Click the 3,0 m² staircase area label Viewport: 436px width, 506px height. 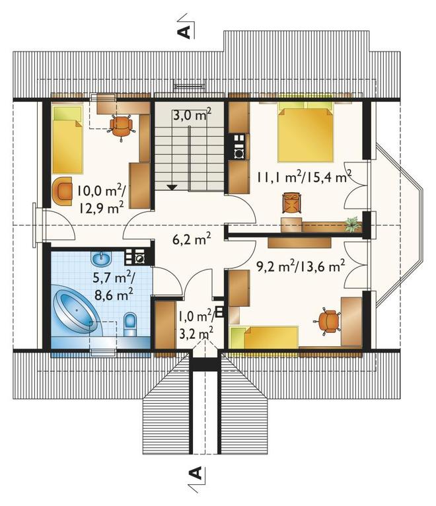click(x=192, y=114)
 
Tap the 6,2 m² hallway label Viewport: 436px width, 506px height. click(x=192, y=239)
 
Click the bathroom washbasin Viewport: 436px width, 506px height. click(x=102, y=258)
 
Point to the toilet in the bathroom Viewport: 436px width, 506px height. click(x=131, y=324)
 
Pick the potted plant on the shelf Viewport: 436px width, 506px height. click(x=352, y=224)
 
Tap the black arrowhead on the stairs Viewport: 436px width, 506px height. click(x=172, y=187)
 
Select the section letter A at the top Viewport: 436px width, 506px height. click(x=184, y=32)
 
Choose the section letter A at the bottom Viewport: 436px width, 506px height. click(x=195, y=473)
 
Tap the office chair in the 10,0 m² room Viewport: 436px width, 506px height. click(x=121, y=125)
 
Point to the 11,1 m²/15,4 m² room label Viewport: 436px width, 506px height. click(x=304, y=177)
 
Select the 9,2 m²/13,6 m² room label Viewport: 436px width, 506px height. click(x=301, y=267)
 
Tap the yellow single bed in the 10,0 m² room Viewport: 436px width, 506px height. click(x=67, y=139)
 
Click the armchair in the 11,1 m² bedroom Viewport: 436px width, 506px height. click(x=292, y=203)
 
